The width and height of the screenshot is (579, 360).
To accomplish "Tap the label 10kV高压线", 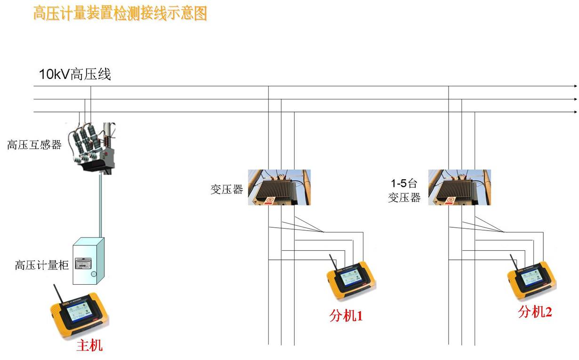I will tap(75, 74).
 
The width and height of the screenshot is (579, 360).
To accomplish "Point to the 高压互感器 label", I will tap(34, 145).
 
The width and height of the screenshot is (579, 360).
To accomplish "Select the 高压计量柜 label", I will tap(42, 265).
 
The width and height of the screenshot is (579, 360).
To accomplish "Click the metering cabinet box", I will tap(88, 262).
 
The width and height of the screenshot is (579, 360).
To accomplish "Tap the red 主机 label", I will tap(89, 346).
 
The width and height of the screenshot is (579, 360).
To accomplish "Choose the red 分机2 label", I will tap(535, 312).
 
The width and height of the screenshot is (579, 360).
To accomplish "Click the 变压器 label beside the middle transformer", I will tap(227, 189).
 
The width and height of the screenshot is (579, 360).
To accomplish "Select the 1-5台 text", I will tap(404, 183).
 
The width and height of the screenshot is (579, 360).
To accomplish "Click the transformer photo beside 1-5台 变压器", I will tap(459, 187).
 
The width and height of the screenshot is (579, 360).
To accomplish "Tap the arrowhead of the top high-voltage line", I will tap(575, 86).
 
